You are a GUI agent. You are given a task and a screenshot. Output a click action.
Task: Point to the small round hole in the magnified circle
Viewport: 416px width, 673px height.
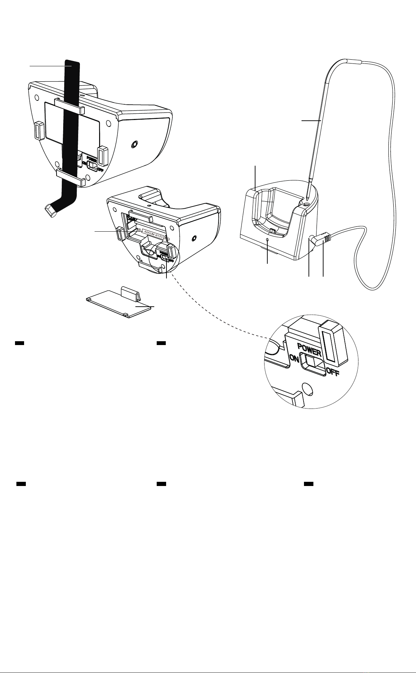coord(307,388)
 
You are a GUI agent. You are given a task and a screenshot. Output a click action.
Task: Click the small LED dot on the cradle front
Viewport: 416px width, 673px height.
coord(267,240)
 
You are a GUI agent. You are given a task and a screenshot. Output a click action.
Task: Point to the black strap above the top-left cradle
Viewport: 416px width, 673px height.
coord(72,70)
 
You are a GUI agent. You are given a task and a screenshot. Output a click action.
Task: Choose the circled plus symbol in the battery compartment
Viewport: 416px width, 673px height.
coord(139,230)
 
